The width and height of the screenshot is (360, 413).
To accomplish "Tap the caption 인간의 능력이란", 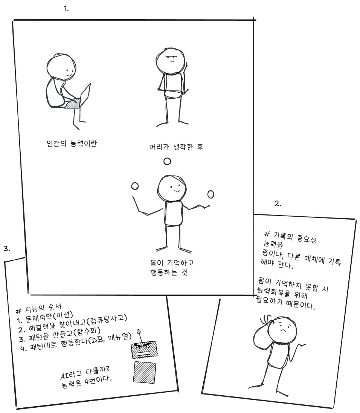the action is [72, 144].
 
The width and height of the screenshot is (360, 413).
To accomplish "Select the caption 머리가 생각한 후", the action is [176, 147].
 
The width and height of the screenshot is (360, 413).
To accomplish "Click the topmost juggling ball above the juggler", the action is [167, 161].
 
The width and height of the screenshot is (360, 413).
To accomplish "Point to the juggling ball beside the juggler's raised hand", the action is [135, 186].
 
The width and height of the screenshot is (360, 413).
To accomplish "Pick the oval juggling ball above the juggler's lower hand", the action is [211, 194].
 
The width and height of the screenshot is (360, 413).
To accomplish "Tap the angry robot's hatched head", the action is [144, 350].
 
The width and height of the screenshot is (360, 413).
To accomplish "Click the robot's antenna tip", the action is [139, 331].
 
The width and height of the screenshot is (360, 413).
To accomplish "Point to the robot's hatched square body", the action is [145, 372].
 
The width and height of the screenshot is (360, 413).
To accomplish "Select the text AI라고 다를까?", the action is [85, 372].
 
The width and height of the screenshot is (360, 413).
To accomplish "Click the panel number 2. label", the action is [278, 203].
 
